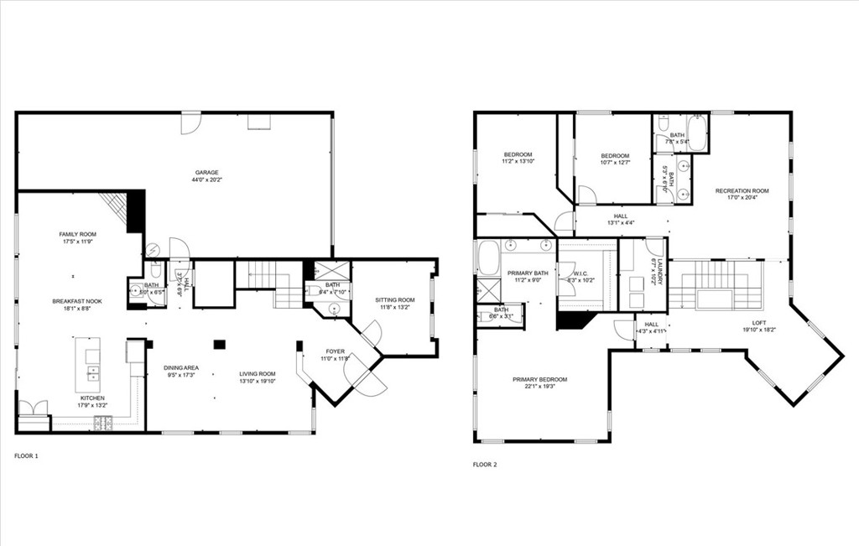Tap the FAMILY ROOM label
tap(77, 234)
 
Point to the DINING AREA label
tap(180, 367)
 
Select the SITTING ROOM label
tap(394, 299)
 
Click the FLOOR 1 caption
tap(26, 455)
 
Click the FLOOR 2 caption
tap(484, 464)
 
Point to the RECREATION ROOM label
tap(742, 191)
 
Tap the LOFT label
tap(758, 322)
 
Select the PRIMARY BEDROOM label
tap(539, 379)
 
